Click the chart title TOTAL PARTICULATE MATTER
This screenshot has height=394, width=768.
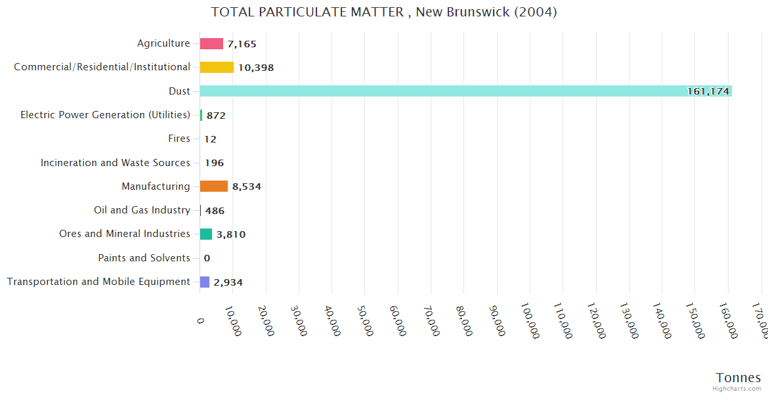pyautogui.click(x=384, y=12)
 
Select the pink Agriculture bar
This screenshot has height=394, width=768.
pyautogui.click(x=211, y=44)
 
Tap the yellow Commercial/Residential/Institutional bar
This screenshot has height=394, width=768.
pyautogui.click(x=217, y=68)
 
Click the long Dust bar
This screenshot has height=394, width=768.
pyautogui.click(x=459, y=91)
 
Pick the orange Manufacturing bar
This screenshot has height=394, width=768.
pyautogui.click(x=214, y=186)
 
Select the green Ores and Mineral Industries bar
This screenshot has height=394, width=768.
pyautogui.click(x=206, y=234)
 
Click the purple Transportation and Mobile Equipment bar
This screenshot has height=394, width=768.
pyautogui.click(x=205, y=282)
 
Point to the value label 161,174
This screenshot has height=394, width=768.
pyautogui.click(x=708, y=91)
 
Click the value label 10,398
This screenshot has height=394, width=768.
pyautogui.click(x=256, y=68)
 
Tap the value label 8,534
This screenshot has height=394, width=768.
pyautogui.click(x=247, y=186)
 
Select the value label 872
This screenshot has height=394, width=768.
pyautogui.click(x=216, y=116)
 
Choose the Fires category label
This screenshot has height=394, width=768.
pyautogui.click(x=179, y=139)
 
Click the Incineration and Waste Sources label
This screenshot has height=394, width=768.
pyautogui.click(x=116, y=163)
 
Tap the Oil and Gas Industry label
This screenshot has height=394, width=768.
pyautogui.click(x=142, y=210)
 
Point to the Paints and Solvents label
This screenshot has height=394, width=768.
pyautogui.click(x=144, y=258)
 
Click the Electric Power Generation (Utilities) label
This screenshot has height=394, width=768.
pyautogui.click(x=106, y=115)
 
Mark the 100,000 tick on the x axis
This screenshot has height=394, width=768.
pyautogui.click(x=530, y=322)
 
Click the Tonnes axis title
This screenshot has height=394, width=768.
pyautogui.click(x=738, y=378)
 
